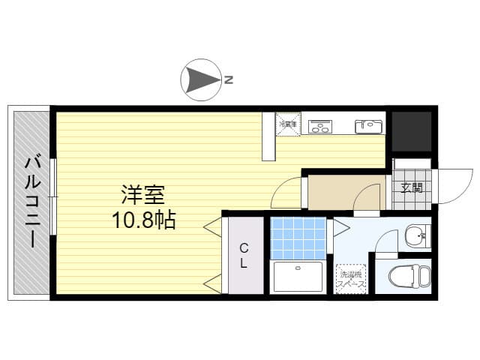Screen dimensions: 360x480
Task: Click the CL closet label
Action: click(244, 255)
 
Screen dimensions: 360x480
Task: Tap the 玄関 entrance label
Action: click(411, 187)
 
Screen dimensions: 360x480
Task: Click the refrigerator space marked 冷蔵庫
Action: click(288, 124)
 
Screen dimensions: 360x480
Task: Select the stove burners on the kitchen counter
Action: click(321, 126)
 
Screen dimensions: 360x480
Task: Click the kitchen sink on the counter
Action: click(368, 125)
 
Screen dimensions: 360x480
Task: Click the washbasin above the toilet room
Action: click(414, 238)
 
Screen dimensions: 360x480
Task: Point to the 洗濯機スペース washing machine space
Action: click(351, 277)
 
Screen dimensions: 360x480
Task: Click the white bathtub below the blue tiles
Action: click(298, 277)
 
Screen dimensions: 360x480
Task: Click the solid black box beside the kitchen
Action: click(412, 130)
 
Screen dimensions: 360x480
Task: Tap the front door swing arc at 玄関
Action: click(447, 187)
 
